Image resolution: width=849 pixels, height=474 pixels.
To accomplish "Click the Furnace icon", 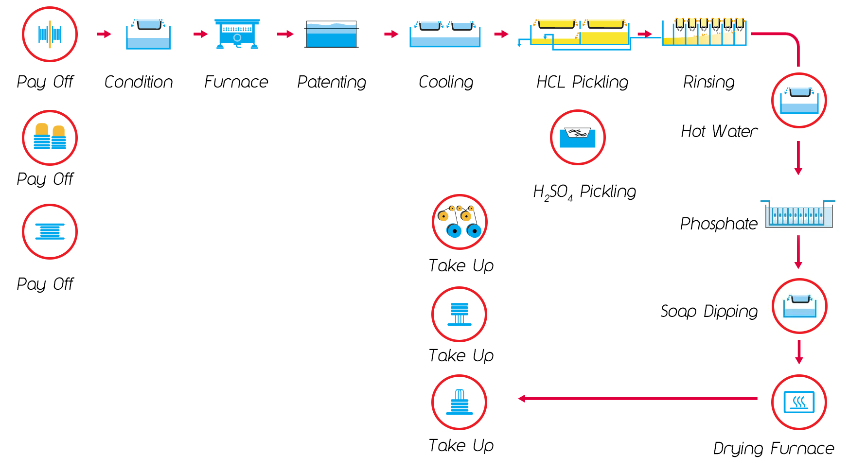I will [x=237, y=34].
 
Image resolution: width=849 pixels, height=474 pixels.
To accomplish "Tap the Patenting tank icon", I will [x=332, y=34].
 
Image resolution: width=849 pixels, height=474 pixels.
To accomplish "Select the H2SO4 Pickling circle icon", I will [x=577, y=137].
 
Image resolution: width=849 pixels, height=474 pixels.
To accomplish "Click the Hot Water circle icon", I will [x=799, y=100].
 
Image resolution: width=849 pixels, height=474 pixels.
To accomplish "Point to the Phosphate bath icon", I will [x=798, y=214].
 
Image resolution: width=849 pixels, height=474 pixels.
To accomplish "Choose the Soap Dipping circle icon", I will [x=799, y=306].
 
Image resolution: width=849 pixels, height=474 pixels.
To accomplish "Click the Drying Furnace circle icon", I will [x=799, y=402].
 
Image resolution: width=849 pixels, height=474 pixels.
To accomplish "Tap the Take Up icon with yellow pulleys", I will [x=460, y=222].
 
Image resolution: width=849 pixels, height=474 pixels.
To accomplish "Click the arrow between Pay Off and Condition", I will [x=104, y=34].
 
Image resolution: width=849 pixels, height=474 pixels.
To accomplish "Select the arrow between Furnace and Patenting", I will [x=285, y=34].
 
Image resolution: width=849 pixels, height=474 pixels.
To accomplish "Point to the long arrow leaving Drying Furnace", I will [x=637, y=399].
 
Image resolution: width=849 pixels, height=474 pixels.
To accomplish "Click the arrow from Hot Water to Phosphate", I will [x=798, y=158].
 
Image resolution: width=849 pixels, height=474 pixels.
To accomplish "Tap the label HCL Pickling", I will [x=582, y=82].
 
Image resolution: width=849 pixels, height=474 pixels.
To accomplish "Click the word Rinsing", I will [x=708, y=82].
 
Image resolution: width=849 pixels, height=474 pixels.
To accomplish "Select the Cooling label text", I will [x=445, y=82].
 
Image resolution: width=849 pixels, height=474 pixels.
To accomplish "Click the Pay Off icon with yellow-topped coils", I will [x=50, y=138].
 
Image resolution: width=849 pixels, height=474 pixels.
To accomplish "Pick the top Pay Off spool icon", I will [x=50, y=34].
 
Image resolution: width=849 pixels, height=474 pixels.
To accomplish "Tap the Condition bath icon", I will [x=148, y=34].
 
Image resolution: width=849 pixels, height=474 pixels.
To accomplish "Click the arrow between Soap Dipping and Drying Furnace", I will [x=799, y=351].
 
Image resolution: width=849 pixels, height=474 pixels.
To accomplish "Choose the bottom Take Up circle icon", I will [x=459, y=402].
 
